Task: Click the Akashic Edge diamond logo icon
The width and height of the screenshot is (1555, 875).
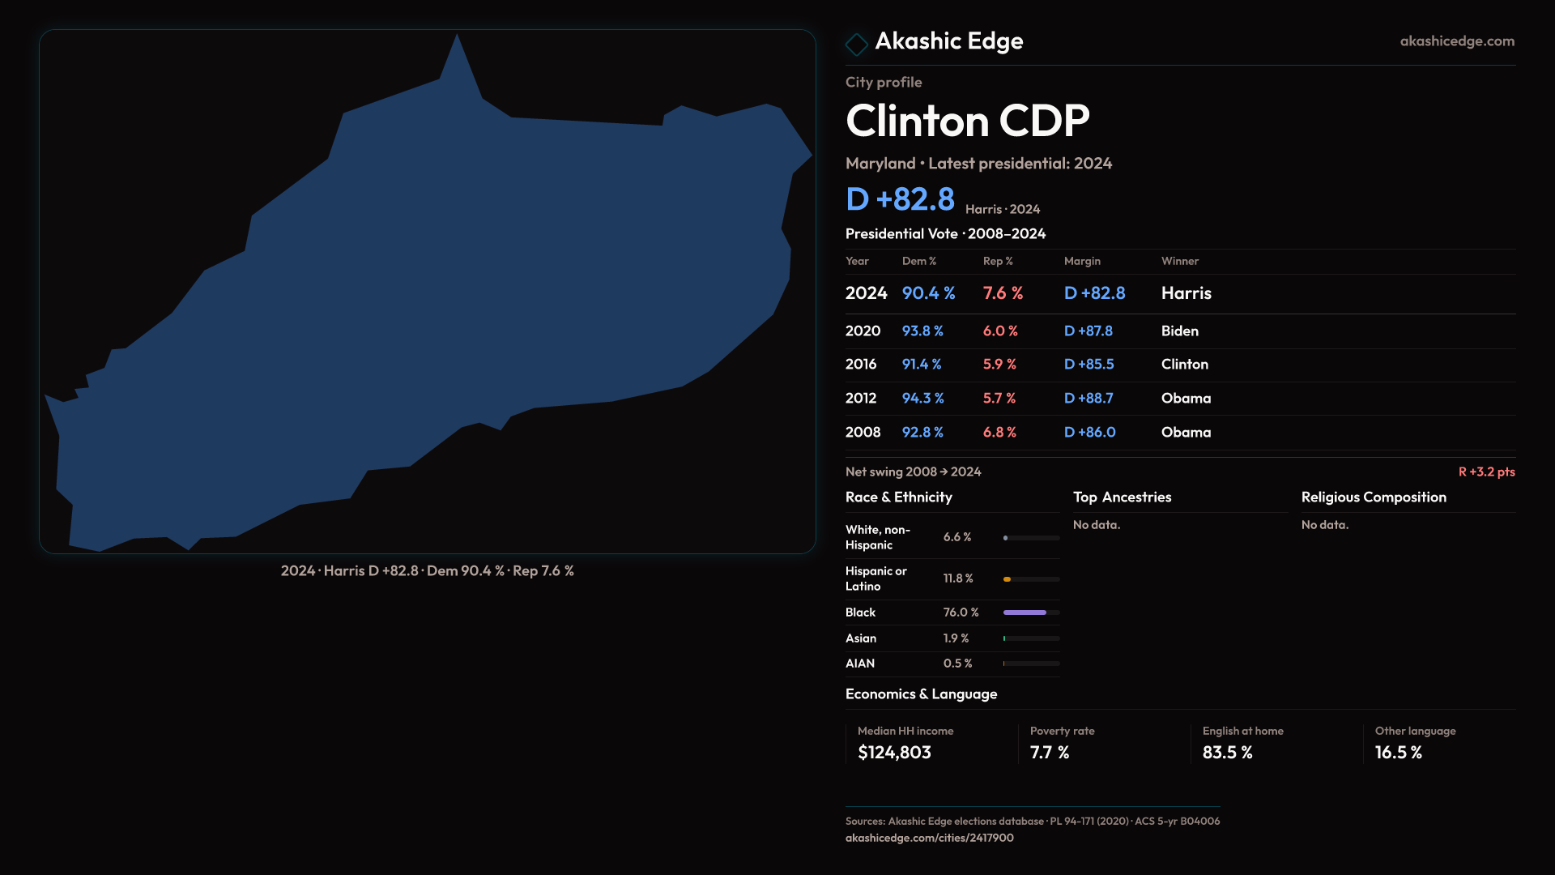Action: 856,44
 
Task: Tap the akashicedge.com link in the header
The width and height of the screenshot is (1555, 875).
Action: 1456,41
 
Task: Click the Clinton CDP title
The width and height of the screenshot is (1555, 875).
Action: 967,122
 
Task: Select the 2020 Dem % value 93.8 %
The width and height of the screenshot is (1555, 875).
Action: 922,331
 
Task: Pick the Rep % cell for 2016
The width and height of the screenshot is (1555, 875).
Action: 999,365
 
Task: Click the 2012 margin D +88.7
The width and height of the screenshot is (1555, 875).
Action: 1088,399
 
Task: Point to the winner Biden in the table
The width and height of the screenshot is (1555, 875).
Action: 1179,331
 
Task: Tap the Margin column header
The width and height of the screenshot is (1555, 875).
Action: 1082,261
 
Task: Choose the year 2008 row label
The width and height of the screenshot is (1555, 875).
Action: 863,433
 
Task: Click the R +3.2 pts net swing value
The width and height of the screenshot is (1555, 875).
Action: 1486,472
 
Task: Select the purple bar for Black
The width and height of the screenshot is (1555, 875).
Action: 1025,612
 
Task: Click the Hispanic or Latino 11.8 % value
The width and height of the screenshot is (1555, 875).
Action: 958,578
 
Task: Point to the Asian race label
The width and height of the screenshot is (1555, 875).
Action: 860,638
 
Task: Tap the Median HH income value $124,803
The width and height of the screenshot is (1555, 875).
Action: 894,753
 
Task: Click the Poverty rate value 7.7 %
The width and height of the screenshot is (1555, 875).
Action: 1050,753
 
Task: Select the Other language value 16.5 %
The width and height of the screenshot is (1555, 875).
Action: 1398,753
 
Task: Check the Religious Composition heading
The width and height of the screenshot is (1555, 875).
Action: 1374,497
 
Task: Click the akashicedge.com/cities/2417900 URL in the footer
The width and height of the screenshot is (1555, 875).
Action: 929,838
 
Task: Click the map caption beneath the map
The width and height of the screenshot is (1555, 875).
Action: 427,571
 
